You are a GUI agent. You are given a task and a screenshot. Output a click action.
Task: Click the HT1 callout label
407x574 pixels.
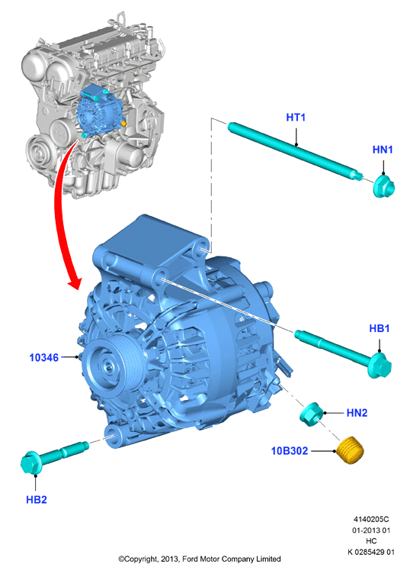click(296, 118)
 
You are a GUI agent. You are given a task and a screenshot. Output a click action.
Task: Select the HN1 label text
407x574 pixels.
click(383, 150)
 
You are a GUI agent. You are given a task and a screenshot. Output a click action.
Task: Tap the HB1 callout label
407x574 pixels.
click(380, 328)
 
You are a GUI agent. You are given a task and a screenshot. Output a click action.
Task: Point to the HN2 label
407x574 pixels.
click(357, 413)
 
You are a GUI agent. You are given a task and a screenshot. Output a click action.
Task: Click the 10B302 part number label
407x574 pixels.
click(290, 450)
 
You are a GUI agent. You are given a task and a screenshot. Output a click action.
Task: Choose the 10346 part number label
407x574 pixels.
click(44, 357)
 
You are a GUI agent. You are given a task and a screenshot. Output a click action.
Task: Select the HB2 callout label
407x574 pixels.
click(36, 499)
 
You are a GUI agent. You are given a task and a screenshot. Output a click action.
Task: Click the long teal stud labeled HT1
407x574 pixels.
click(295, 151)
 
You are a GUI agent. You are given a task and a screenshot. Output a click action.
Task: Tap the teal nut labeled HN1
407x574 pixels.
click(383, 187)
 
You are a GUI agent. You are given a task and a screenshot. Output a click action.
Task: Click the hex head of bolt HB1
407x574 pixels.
click(380, 366)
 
